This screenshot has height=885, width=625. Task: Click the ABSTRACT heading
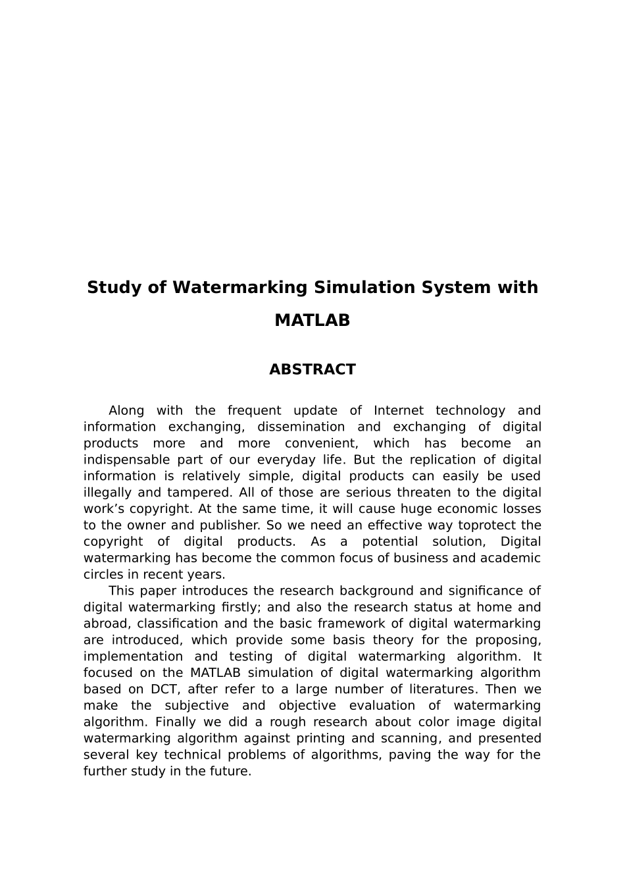(312, 369)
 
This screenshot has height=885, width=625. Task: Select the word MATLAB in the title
(312, 321)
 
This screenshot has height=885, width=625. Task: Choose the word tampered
(190, 493)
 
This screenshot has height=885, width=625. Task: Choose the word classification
(177, 624)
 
